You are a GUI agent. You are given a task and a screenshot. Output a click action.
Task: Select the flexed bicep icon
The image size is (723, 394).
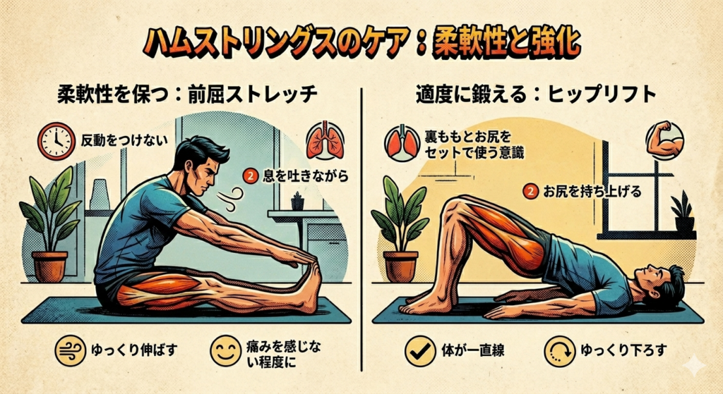664,140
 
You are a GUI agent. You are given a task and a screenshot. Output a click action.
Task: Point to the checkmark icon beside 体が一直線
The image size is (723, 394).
422,352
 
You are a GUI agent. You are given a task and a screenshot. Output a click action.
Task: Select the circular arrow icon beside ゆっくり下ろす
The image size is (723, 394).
560,352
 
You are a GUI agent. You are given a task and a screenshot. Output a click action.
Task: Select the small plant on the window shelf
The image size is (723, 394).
683,212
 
